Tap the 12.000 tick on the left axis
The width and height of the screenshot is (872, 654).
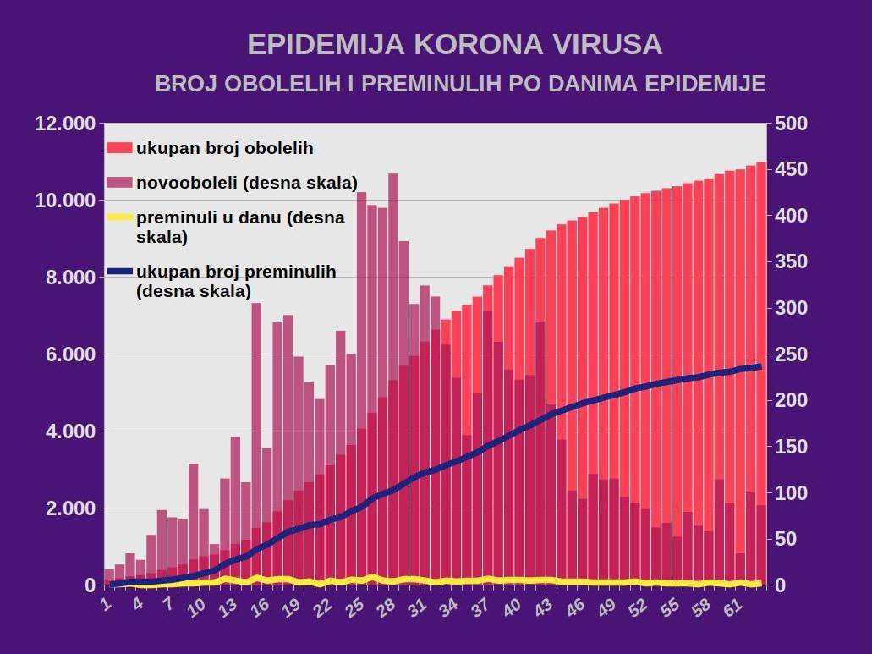click(65, 124)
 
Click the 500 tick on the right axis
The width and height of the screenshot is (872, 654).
click(790, 124)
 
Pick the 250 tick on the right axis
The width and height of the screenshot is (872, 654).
click(790, 354)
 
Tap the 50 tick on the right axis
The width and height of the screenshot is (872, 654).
click(786, 539)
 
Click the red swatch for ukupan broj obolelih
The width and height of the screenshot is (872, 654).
click(120, 148)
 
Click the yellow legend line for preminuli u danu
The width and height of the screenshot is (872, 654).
click(120, 217)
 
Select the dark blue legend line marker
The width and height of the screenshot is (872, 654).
click(120, 272)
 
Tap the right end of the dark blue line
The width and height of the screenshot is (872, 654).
click(759, 366)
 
